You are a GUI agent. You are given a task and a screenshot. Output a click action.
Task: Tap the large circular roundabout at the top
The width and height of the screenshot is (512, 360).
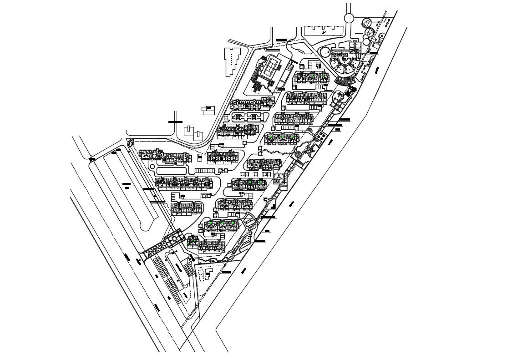(x=349, y=18)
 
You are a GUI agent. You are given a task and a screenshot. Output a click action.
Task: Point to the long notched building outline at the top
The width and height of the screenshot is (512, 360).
(x=323, y=30)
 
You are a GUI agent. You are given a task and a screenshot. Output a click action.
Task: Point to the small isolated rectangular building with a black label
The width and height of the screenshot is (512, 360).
(x=209, y=109)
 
